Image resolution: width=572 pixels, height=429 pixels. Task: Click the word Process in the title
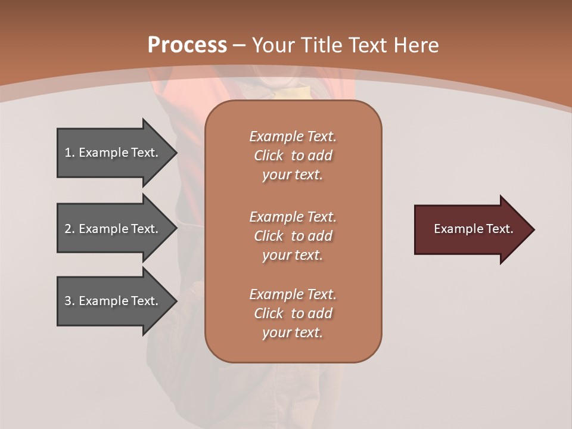click(187, 45)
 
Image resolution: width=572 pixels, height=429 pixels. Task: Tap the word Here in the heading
click(416, 45)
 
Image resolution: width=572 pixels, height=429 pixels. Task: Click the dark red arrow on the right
click(471, 229)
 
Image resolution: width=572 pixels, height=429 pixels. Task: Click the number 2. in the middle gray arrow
click(69, 229)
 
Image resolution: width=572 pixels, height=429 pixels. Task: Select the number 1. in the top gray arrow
click(69, 153)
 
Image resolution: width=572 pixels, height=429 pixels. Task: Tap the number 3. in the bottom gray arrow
click(69, 301)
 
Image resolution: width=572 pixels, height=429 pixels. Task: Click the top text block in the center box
click(293, 156)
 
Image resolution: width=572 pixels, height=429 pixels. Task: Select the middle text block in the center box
click(293, 236)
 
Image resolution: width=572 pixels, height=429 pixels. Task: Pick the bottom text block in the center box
click(293, 313)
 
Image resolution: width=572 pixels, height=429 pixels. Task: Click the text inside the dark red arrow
click(473, 229)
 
